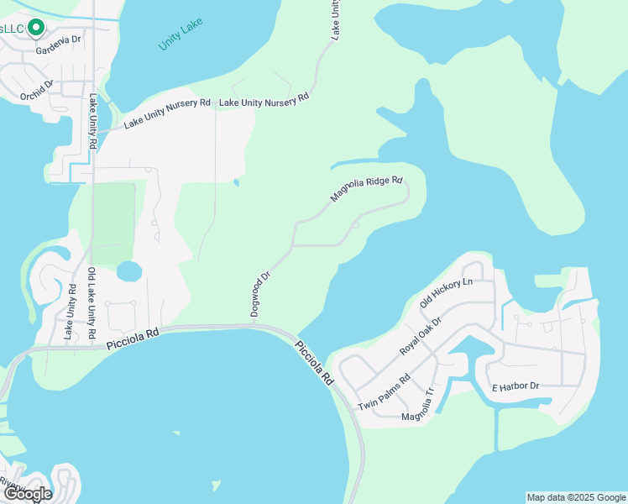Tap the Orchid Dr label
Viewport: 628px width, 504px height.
37,89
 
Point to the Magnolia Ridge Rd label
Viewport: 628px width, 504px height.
367,189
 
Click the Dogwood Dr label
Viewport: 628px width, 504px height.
260,293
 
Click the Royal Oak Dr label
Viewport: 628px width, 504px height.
420,333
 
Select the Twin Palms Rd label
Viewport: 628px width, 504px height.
383,392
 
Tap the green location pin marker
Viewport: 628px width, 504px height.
35,28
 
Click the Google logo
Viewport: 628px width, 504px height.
28,494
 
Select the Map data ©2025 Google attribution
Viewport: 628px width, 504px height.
576,497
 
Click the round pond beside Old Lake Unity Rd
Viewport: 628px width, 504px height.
128,272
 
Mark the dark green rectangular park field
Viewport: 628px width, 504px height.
113,223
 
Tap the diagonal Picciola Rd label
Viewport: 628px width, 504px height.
314,362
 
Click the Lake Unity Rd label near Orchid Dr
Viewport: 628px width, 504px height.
92,123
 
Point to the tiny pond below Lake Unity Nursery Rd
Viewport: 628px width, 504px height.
236,182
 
